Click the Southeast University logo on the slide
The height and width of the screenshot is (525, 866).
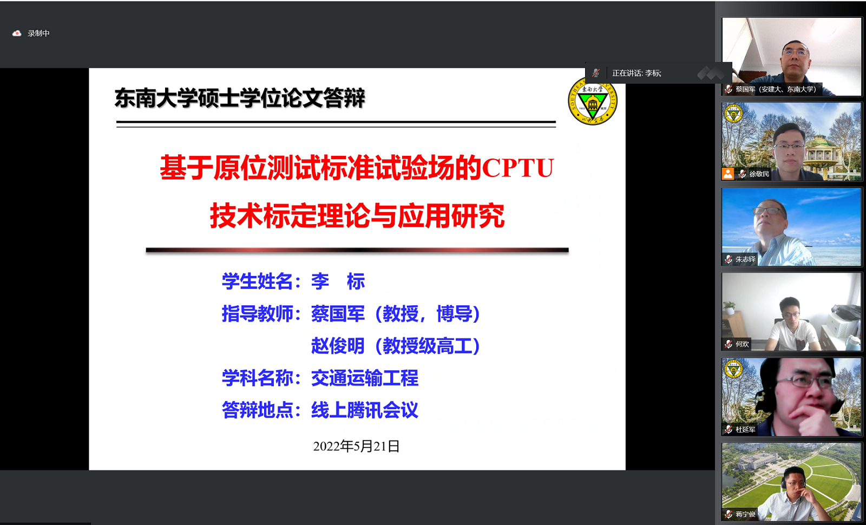592,101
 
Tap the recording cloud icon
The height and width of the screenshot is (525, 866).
17,34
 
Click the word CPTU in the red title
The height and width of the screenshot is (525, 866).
518,168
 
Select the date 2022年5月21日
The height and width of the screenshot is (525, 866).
356,446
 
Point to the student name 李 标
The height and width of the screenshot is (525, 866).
338,281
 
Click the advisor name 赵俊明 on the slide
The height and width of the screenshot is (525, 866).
338,346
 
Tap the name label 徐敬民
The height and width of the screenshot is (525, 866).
759,174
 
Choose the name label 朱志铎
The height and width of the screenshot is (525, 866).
745,259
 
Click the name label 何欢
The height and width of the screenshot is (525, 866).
742,344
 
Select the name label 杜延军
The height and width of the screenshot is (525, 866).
745,430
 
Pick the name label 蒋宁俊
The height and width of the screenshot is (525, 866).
745,514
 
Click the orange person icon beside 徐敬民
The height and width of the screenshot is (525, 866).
727,174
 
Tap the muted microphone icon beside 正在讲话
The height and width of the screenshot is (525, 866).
596,73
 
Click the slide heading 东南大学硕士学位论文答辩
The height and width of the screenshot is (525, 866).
240,98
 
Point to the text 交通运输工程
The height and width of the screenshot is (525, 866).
365,378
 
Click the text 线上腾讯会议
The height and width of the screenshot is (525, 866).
365,410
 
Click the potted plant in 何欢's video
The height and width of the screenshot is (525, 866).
729,307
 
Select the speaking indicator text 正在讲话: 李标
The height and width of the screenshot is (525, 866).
637,73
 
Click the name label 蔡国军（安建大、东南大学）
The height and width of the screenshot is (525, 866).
776,89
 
